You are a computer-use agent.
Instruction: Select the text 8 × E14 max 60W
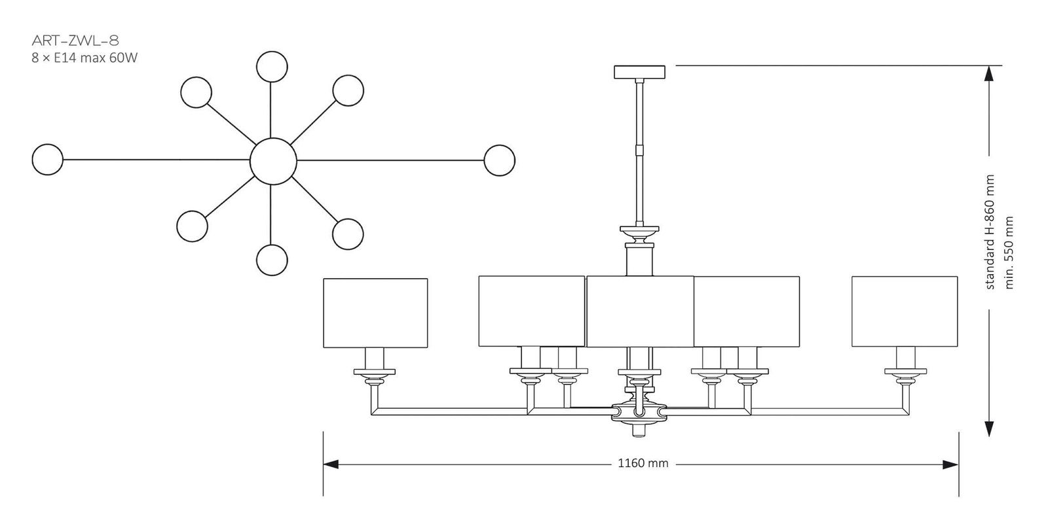click(x=84, y=58)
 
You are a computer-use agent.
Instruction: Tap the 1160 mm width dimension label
click(x=643, y=463)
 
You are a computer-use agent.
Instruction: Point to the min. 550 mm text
click(x=1009, y=253)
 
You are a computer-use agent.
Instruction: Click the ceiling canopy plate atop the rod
click(x=639, y=71)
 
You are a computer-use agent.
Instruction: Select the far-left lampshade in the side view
click(x=375, y=313)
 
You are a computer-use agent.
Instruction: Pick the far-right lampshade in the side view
click(x=905, y=311)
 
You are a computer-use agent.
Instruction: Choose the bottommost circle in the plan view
click(x=272, y=260)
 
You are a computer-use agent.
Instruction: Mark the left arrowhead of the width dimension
click(x=331, y=464)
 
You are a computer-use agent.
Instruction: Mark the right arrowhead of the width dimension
click(x=951, y=464)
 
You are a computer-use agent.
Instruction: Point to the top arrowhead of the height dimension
click(x=988, y=73)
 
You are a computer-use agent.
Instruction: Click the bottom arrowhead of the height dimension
click(x=988, y=429)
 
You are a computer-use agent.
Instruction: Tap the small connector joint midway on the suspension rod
click(x=640, y=150)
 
